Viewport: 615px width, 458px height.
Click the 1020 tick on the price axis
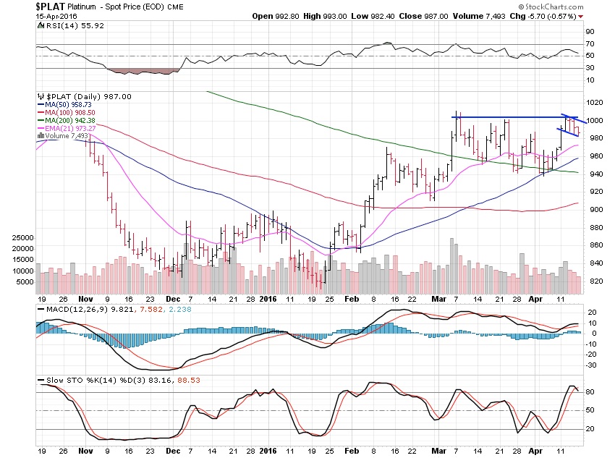pyautogui.click(x=595, y=103)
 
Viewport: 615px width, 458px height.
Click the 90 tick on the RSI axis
pyautogui.click(x=590, y=32)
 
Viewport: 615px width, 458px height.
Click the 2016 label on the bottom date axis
pyautogui.click(x=268, y=298)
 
